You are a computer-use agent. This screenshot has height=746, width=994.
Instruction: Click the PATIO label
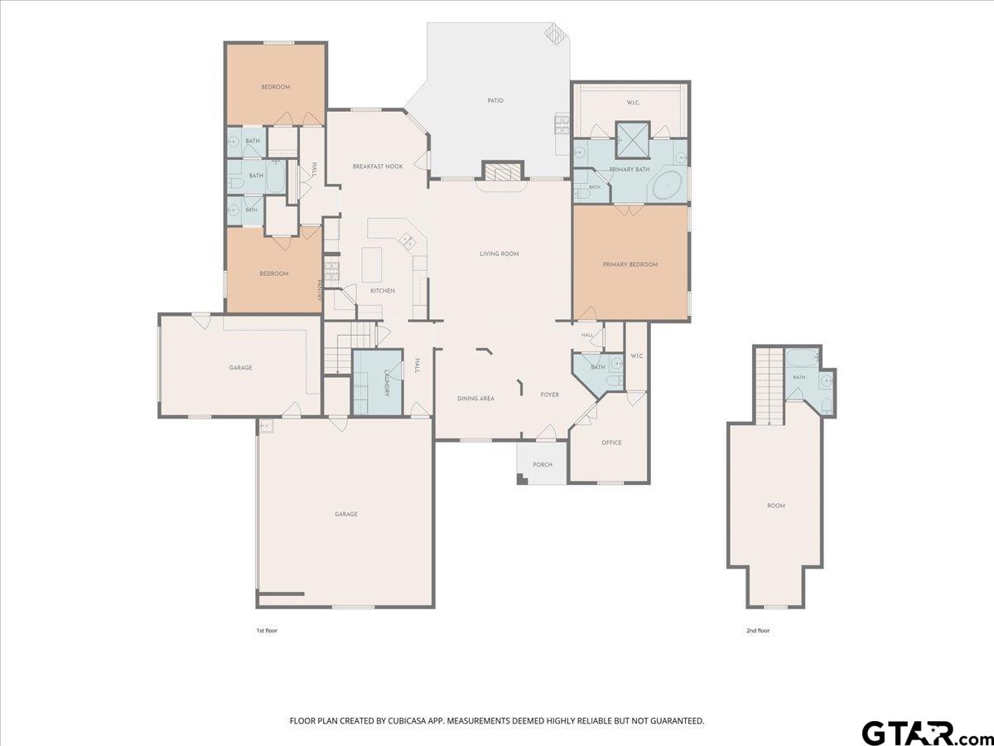[x=495, y=100]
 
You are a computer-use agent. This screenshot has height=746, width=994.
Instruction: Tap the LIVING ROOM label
[x=499, y=254]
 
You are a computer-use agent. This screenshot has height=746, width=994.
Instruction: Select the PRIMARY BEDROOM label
[x=630, y=264]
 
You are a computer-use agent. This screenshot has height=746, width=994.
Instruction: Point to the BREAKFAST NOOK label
[x=377, y=167]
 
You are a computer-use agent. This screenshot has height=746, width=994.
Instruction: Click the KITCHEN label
[x=382, y=291]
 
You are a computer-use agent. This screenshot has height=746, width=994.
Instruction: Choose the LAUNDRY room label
[x=387, y=383]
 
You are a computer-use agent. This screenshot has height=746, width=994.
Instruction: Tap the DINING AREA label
[x=475, y=399]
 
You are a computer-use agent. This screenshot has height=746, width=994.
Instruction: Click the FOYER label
[x=549, y=395]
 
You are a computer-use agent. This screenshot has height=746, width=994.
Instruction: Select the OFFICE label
[x=611, y=443]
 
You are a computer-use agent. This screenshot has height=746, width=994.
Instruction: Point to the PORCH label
[x=542, y=464]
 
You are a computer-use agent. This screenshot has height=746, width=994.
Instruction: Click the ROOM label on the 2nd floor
[x=775, y=506]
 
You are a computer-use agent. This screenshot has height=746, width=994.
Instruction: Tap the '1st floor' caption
[x=267, y=631]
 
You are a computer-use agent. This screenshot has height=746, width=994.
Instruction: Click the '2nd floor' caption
[x=758, y=631]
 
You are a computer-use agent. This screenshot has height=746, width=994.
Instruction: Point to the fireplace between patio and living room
[x=502, y=172]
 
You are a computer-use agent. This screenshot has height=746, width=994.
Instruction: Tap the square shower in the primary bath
[x=633, y=138]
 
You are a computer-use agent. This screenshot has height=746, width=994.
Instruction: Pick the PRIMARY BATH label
[x=629, y=169]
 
